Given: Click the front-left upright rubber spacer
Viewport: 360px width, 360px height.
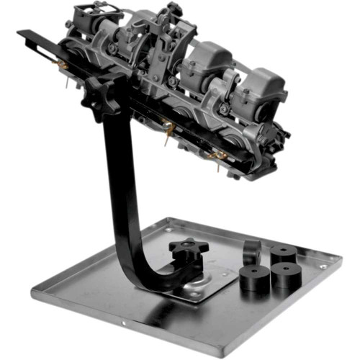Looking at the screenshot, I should pos(255,277).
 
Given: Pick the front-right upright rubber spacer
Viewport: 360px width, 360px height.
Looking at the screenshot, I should pos(287,276).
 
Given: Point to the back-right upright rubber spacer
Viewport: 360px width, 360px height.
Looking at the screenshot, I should pos(283,254).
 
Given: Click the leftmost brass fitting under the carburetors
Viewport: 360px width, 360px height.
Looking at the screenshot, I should pos(63,66).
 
